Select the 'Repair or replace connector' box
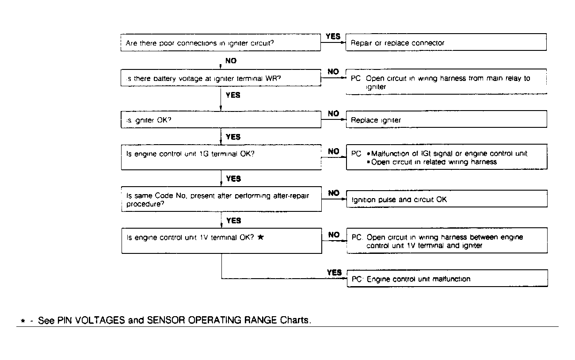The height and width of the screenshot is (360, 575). [446, 43]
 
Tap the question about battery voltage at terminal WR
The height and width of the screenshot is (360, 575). [221, 79]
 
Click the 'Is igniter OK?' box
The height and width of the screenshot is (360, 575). [221, 120]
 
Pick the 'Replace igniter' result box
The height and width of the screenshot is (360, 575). [446, 120]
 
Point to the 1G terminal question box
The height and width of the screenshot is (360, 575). [221, 157]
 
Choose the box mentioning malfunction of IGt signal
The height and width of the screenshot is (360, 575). [446, 157]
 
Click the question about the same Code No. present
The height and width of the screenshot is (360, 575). [221, 199]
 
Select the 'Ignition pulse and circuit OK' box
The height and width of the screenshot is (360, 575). [446, 199]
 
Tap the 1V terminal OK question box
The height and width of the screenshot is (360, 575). [221, 241]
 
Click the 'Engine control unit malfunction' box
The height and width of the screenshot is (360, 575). [447, 279]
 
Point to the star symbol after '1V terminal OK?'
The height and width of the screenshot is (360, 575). [261, 237]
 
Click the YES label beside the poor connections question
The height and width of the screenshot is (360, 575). [333, 36]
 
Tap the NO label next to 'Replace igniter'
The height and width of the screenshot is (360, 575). [334, 114]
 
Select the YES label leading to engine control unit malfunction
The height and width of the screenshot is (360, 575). [334, 272]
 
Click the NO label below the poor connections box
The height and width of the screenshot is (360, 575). [231, 61]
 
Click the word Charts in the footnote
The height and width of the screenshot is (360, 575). [295, 320]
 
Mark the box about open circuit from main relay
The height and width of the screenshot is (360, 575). [446, 82]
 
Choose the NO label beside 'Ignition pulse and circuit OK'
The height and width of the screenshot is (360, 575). [334, 193]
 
